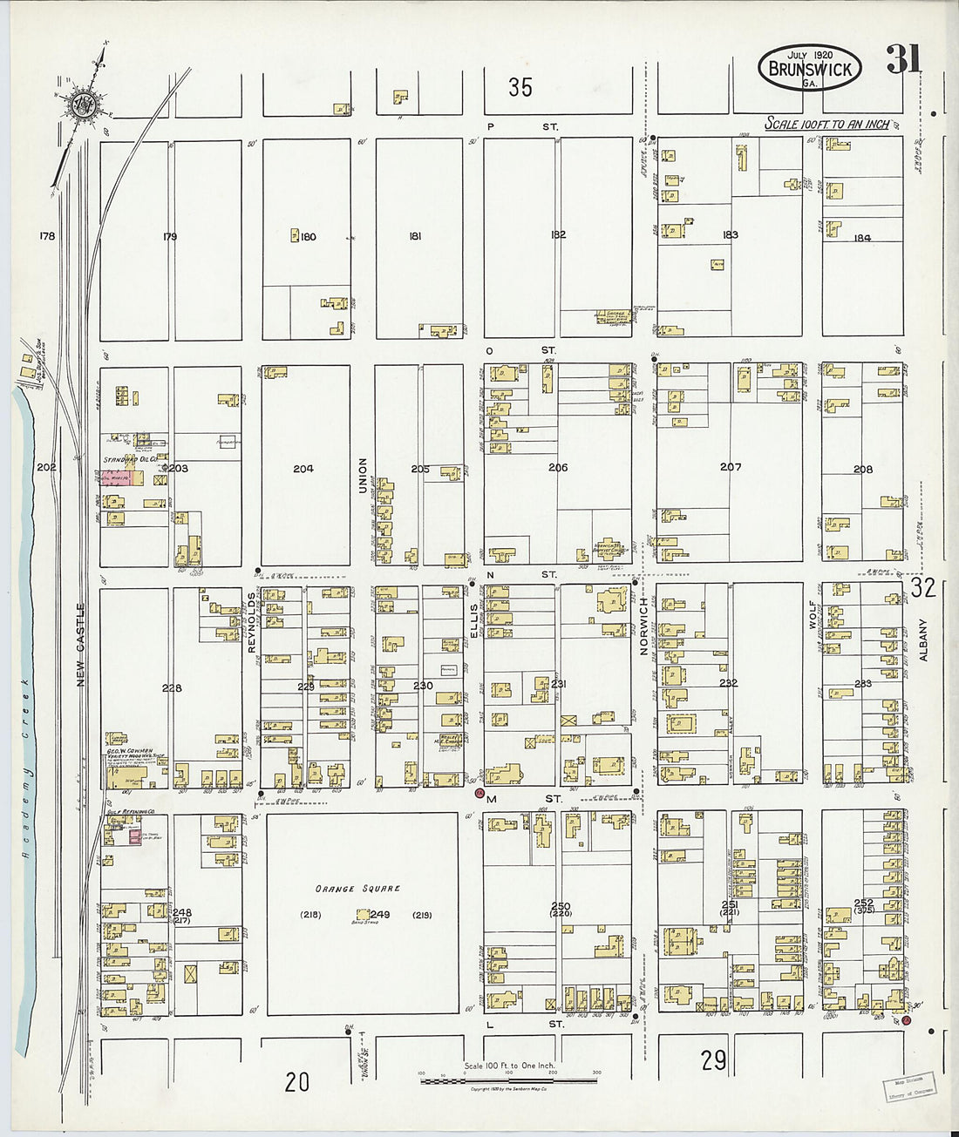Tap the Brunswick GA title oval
coord(810,68)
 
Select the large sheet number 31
coord(904,60)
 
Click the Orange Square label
coord(358,889)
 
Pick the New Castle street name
coord(81,645)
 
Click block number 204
coord(303,469)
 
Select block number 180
coord(308,236)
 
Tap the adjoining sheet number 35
coord(520,87)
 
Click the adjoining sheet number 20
coord(297,1082)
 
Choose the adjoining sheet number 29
coord(714,1060)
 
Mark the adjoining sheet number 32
coord(923,588)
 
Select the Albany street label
coord(924,640)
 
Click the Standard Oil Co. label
coord(130,458)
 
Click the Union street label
coord(363,476)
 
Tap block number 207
coord(731,467)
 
